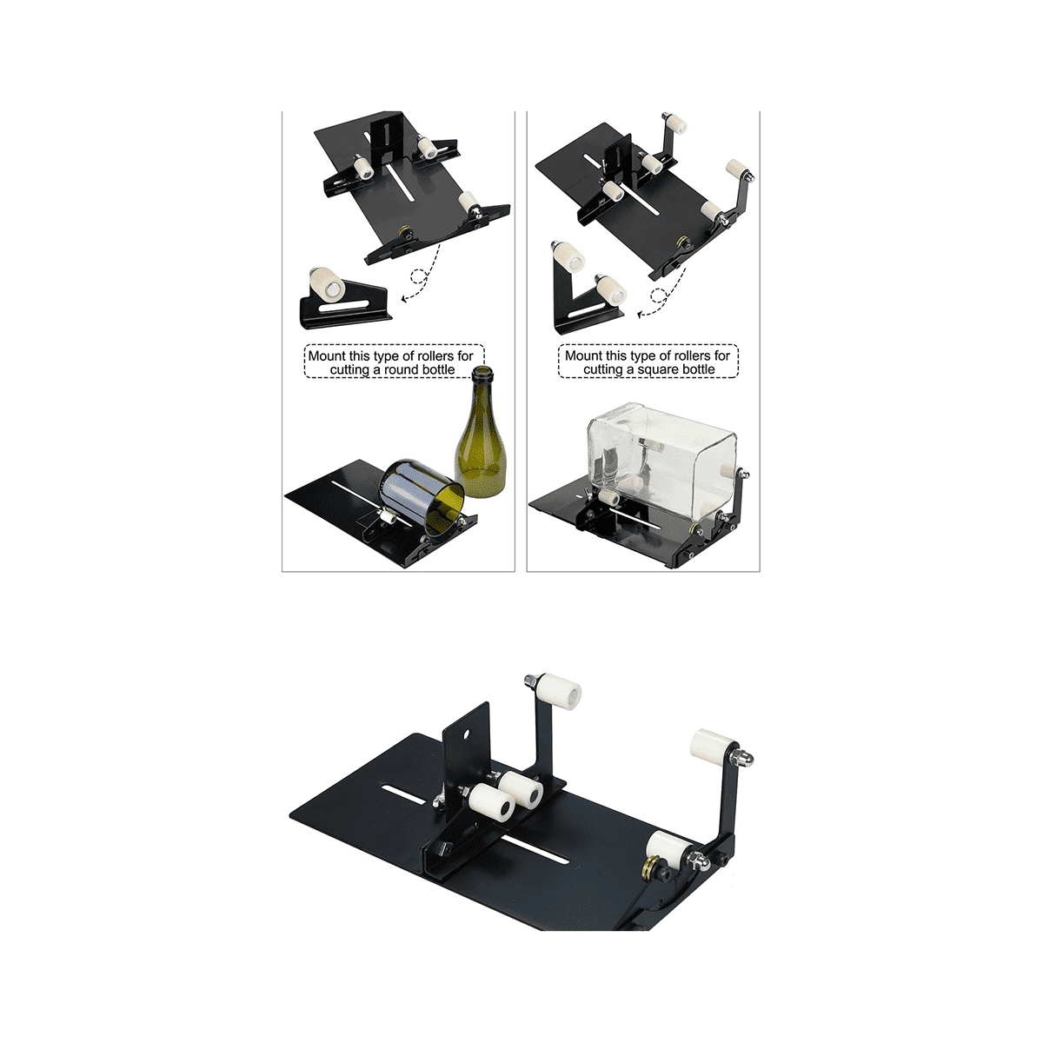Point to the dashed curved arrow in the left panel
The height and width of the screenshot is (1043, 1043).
[424, 276]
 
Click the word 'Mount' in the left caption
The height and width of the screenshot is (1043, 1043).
[327, 356]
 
